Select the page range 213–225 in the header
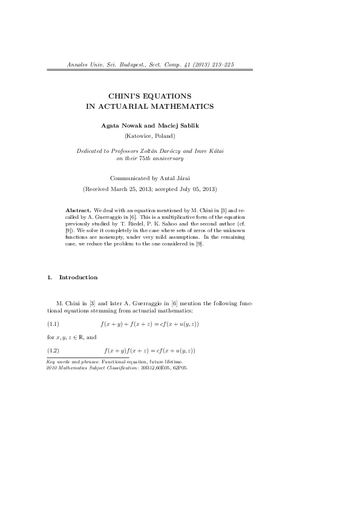(221, 64)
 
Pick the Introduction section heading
(78, 277)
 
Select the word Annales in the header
(75, 64)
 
